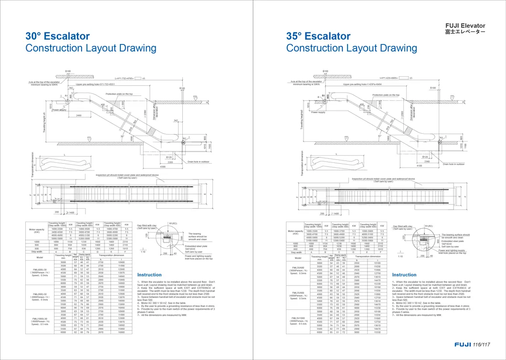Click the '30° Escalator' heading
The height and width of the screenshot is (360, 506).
[x=57, y=36]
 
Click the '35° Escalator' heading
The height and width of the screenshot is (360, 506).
[x=318, y=36]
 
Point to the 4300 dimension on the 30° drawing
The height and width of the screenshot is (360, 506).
[x=163, y=167]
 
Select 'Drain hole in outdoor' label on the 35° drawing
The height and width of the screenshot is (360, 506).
[x=453, y=164]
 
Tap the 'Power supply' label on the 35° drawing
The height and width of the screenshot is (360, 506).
[x=318, y=113]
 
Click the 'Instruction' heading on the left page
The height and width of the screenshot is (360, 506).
[x=149, y=275]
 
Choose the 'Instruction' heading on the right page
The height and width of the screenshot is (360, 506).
[x=404, y=275]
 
